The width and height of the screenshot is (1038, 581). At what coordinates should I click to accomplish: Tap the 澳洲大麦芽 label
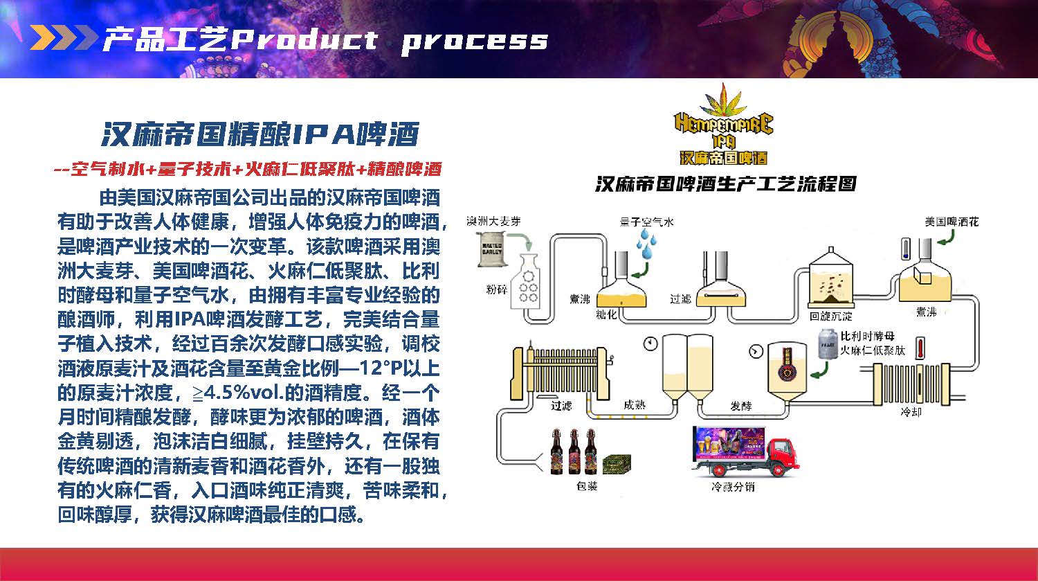click(x=493, y=222)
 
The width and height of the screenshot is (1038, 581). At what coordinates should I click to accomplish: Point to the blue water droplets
click(x=647, y=244)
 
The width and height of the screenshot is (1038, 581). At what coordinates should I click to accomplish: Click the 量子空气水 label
click(x=646, y=222)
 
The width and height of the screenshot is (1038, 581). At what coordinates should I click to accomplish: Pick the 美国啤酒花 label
click(x=951, y=222)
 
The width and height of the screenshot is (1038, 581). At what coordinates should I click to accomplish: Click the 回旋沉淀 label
click(x=830, y=316)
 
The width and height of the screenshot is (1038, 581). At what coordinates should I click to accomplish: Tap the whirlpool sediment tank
click(x=830, y=280)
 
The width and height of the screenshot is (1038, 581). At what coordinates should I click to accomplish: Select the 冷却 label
click(x=911, y=412)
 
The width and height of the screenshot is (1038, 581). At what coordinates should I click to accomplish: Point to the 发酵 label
click(x=740, y=406)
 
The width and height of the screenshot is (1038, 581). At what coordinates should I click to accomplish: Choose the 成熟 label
click(x=634, y=404)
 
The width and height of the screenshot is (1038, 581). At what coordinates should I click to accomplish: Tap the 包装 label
click(x=586, y=486)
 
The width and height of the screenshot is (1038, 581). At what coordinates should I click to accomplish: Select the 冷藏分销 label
click(x=733, y=487)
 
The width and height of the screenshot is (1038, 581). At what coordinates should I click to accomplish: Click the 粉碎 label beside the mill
click(x=497, y=289)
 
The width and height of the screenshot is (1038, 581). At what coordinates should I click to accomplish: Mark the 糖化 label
click(x=606, y=314)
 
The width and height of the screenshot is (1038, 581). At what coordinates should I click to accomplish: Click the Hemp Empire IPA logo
click(x=723, y=128)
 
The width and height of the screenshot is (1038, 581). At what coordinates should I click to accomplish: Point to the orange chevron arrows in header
click(x=63, y=38)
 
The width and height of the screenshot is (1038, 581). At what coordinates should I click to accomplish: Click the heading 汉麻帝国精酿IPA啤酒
click(x=260, y=134)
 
